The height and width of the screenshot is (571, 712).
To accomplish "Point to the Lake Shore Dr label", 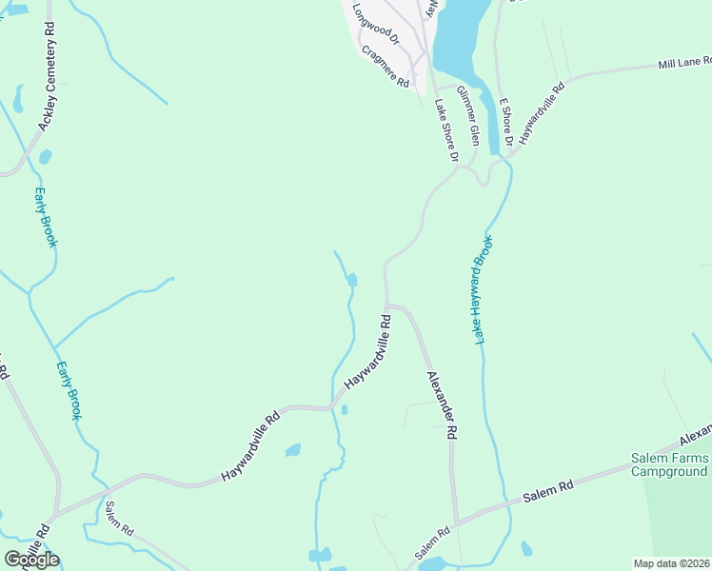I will click(446, 129).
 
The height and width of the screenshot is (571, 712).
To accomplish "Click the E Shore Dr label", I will click(506, 120).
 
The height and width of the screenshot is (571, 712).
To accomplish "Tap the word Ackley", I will click(45, 116).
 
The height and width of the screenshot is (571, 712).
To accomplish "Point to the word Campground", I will click(670, 472).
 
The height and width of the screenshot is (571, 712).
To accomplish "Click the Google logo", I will click(31, 560).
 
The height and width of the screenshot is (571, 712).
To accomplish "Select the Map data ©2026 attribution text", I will click(672, 563).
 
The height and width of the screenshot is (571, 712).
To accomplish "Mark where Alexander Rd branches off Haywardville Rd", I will click(386, 305).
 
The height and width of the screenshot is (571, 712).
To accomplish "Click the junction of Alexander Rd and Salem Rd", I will click(457, 522).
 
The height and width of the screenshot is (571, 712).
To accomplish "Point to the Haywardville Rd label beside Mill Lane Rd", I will click(543, 112).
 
